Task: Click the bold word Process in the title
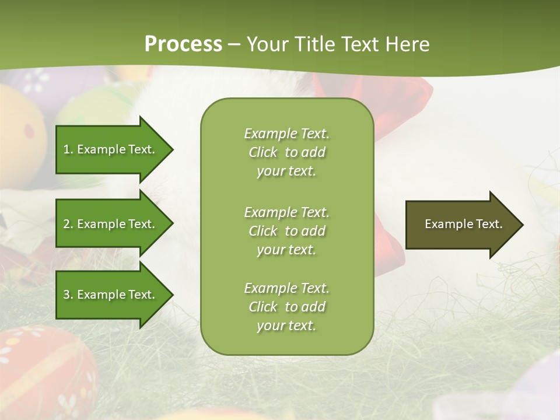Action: click(183, 44)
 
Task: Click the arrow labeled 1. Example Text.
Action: click(111, 149)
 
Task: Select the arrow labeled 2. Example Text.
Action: click(111, 224)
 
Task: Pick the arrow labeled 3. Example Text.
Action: click(111, 295)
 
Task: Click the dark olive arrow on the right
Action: click(461, 225)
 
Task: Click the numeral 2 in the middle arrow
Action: click(66, 224)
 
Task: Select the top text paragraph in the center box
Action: click(286, 152)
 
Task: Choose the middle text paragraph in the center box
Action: click(286, 231)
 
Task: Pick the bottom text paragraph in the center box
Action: click(286, 307)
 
